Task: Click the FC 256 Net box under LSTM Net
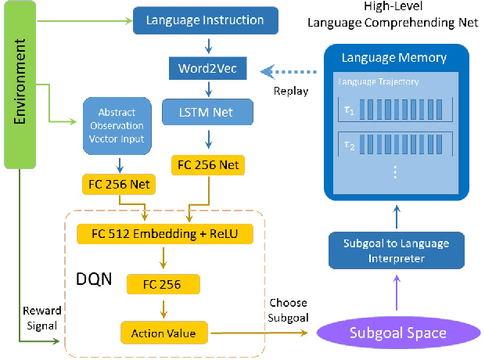tap(207, 165)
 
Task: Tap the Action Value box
tap(164, 333)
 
